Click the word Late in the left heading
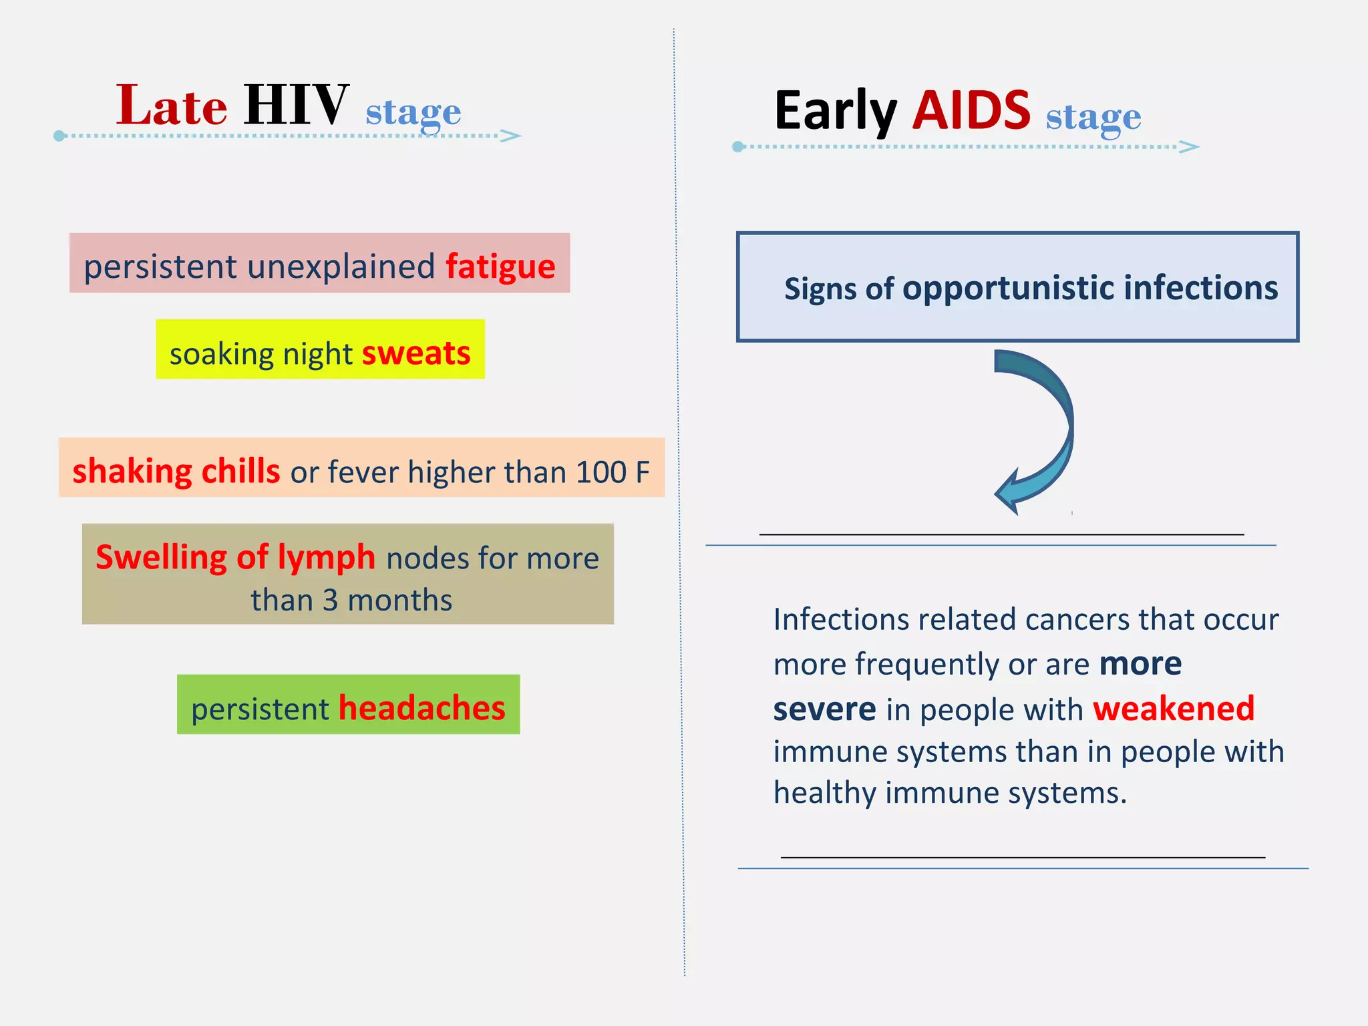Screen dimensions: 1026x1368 point(172,107)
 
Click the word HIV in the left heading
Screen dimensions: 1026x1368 point(296,106)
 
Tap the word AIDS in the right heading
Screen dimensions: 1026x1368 point(971,111)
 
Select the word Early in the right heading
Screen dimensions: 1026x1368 point(835,112)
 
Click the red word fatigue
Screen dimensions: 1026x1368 point(500,267)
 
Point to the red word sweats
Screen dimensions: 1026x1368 point(416,353)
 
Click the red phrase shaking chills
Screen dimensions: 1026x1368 point(176,472)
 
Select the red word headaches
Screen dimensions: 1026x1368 point(422,708)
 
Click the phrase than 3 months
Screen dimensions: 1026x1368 point(351,600)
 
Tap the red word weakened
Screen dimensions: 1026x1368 point(1174,709)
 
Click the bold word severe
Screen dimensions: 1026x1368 point(824,709)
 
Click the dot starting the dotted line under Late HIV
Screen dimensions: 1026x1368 point(59,136)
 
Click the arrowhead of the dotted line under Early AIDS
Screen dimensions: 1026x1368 point(1190,147)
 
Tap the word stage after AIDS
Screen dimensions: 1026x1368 point(1093,118)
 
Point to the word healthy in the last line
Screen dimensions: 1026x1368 point(824,794)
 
